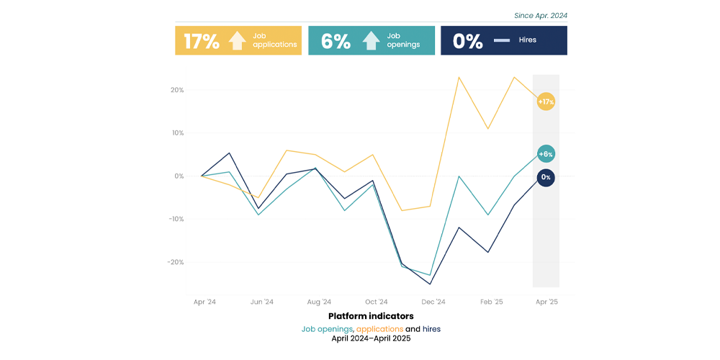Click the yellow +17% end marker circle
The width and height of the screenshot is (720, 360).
point(546,102)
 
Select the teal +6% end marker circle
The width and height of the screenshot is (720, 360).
point(546,154)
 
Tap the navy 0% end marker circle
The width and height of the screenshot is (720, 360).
point(546,177)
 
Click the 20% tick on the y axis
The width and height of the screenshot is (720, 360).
point(176,90)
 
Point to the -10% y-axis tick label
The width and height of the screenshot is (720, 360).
point(175,219)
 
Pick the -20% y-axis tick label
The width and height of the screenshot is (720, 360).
point(175,262)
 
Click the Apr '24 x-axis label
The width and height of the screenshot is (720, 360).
point(204,302)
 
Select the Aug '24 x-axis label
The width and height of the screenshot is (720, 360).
point(319,302)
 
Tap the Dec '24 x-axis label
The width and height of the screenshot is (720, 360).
point(433,302)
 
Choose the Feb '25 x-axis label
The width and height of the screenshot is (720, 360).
point(491,302)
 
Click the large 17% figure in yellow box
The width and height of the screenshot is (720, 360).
point(202,41)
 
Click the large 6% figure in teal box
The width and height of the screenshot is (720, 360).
point(336,41)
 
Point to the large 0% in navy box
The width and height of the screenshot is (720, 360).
point(468,41)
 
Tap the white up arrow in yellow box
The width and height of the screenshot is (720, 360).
point(238,41)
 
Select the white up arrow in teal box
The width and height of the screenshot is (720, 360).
point(371,41)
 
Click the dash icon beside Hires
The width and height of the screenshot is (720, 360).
point(502,41)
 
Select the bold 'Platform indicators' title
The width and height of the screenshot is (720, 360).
point(371,316)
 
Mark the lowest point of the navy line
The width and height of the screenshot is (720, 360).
point(431,284)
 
